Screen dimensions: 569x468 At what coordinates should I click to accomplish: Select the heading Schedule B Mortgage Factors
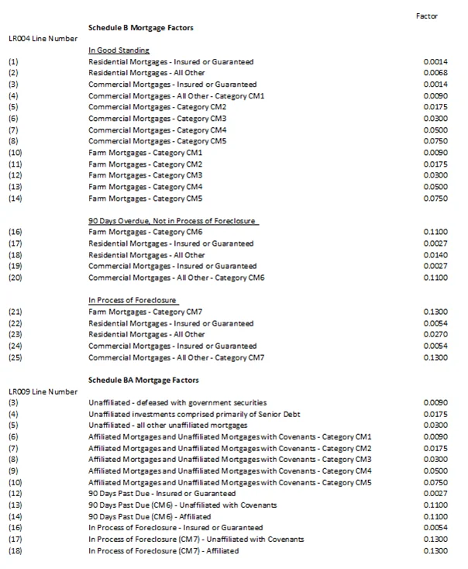(x=141, y=27)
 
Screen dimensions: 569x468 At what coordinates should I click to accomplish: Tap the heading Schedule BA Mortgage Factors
(x=143, y=380)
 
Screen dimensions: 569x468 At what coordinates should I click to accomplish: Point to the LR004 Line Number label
(x=43, y=38)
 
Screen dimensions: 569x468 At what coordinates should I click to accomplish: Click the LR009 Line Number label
(x=43, y=391)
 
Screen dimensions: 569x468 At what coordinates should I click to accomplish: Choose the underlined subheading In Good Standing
(x=119, y=50)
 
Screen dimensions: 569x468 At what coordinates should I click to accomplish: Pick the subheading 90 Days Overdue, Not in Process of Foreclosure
(x=172, y=221)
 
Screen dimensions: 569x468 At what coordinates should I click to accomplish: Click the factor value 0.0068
(x=435, y=73)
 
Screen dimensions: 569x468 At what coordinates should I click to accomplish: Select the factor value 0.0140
(x=435, y=254)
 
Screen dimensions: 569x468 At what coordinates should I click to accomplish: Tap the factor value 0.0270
(x=435, y=334)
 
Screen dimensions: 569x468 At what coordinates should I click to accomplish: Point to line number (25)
(x=15, y=357)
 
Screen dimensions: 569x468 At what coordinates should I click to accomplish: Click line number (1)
(x=13, y=61)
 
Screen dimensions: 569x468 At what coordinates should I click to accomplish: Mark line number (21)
(x=15, y=312)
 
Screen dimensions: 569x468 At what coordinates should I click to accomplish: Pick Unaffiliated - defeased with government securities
(x=177, y=402)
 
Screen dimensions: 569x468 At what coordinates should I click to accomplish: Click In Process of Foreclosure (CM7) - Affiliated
(x=163, y=550)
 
